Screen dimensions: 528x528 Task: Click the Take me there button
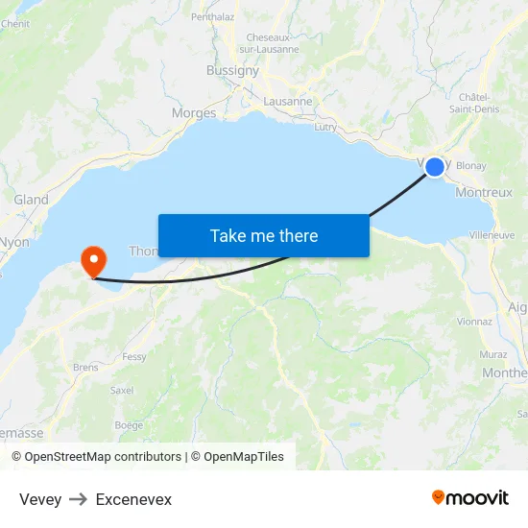[x=264, y=235]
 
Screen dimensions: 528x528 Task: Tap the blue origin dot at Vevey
[x=435, y=167]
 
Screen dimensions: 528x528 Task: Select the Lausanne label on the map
[x=288, y=101]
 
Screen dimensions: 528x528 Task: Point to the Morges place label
[x=194, y=113]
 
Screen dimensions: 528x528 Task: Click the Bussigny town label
[x=233, y=70]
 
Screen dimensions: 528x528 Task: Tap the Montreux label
[x=484, y=192]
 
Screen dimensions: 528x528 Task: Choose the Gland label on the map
[x=31, y=200]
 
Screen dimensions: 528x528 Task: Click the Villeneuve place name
[x=492, y=234]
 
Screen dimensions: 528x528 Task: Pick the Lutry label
[x=325, y=127]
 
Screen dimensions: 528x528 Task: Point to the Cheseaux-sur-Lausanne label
[x=269, y=43]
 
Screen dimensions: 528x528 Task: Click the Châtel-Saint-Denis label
[x=475, y=103]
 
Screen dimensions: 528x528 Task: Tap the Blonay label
[x=471, y=166]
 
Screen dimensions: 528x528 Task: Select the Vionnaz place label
[x=475, y=323]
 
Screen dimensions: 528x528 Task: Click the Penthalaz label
[x=213, y=16]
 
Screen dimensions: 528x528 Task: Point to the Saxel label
[x=122, y=391]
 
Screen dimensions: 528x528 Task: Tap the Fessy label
[x=134, y=357]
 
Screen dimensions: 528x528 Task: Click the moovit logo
[x=470, y=498]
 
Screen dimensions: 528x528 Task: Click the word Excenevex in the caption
[x=133, y=499]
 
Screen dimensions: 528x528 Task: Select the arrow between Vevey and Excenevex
[x=79, y=499]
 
